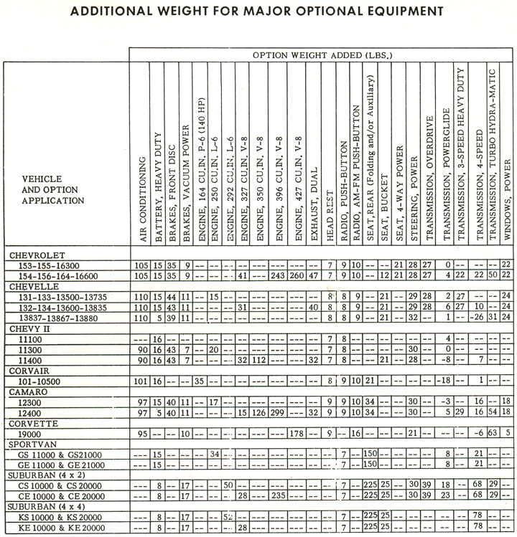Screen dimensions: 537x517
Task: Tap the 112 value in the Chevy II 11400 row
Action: (259, 360)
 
